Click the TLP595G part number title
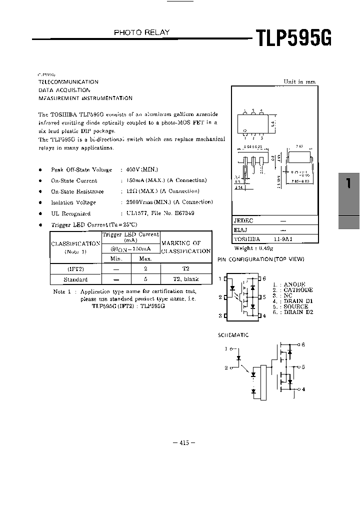[293, 38]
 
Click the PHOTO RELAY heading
[142, 32]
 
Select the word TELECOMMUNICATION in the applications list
[68, 81]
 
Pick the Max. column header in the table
[145, 258]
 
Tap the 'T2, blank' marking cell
[186, 279]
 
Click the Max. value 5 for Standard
[145, 279]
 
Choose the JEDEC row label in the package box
[243, 220]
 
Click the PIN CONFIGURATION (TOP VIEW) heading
[260, 259]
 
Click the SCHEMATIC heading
[232, 335]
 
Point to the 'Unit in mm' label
[299, 82]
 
